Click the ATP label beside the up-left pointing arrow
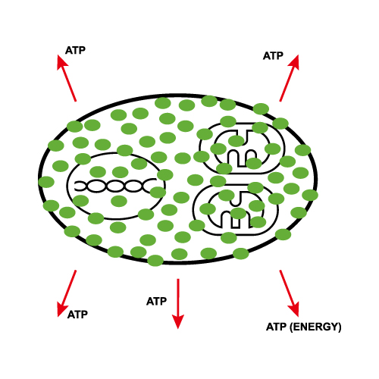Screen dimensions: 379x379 point(75,50)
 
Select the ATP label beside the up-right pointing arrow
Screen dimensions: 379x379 point(273,56)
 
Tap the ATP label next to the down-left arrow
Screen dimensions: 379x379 point(77,315)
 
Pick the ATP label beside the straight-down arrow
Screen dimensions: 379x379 point(156,302)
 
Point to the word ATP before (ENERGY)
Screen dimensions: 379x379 point(277,327)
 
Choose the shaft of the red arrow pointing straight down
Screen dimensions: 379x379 point(178,297)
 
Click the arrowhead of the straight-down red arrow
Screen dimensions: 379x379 point(178,321)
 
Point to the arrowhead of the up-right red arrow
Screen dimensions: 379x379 point(295,62)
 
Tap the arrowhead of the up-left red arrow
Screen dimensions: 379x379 point(61,62)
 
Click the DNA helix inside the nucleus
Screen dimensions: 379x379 point(115,186)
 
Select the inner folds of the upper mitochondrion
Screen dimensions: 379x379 point(242,149)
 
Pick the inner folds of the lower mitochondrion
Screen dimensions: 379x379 point(236,209)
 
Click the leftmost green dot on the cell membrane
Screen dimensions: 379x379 point(46,182)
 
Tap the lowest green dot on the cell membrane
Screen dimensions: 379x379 point(155,261)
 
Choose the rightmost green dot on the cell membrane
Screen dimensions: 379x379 point(310,195)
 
